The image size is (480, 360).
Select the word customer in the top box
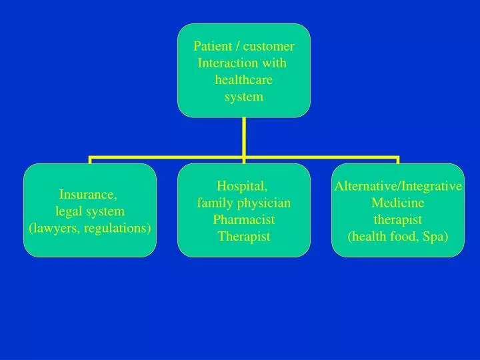pos(269,46)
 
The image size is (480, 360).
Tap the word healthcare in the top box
pos(243,80)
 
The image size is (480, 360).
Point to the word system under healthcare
pos(243,97)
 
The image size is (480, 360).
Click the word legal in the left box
pos(69,211)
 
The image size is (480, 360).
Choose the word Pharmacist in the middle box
pos(243,219)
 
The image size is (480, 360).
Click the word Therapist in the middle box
pos(243,236)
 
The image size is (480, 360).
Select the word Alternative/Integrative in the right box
pos(398,186)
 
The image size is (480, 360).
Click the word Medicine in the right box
pos(397,203)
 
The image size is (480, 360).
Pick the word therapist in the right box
pos(397,219)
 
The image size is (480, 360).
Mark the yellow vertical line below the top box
pos(244,137)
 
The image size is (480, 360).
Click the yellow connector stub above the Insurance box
pos(90,161)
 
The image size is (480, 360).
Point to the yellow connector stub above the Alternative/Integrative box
pos(398,161)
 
